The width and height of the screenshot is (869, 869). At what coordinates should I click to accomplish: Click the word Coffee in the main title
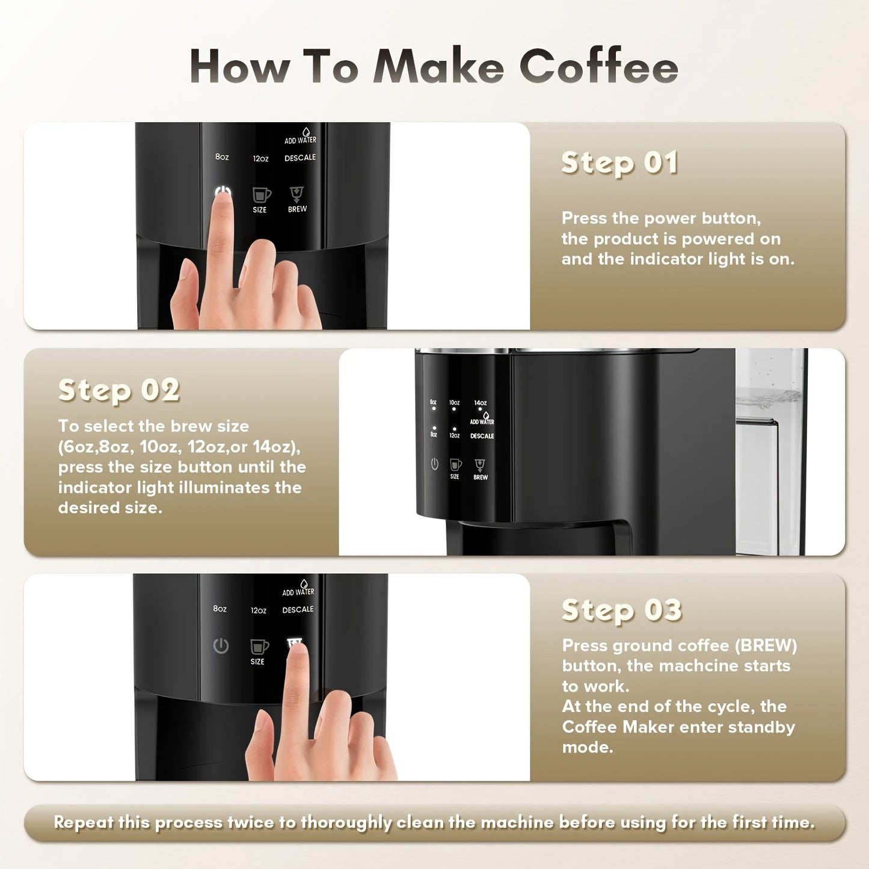point(598,66)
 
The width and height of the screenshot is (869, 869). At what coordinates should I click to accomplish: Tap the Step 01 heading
point(619,163)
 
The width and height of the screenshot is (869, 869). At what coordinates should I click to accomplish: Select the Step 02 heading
point(118,390)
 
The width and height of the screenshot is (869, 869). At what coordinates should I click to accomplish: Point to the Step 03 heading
point(621,610)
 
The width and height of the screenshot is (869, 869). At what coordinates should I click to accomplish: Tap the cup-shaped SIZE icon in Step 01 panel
point(260,195)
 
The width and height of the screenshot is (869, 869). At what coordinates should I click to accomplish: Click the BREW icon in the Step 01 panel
point(297,194)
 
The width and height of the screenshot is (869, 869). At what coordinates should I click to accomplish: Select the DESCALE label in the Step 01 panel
point(300,158)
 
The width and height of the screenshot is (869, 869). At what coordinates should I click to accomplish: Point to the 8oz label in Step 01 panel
point(222,157)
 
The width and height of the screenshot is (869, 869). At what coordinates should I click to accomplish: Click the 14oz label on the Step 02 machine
point(480,403)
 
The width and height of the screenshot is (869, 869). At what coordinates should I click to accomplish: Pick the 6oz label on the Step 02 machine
point(433,402)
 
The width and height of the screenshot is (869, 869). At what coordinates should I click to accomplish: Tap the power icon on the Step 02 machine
point(434,464)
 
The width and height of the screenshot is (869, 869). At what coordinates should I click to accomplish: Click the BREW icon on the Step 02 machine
point(480,465)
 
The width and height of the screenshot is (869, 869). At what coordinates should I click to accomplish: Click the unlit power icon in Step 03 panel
point(221,646)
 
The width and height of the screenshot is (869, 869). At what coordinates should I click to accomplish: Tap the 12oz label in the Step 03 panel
point(259,610)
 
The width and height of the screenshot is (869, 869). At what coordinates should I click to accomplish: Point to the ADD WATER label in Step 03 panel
point(298,592)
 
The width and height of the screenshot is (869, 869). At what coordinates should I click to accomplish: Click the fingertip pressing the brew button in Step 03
point(296,653)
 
